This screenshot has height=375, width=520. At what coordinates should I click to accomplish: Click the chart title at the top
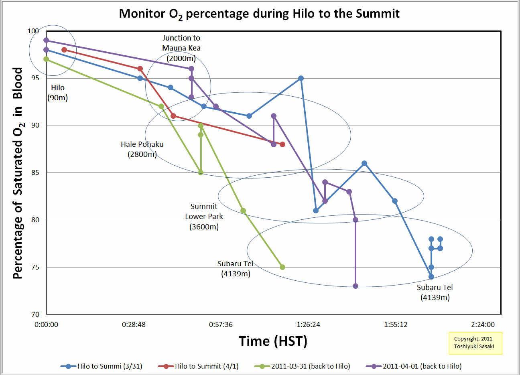click(259, 14)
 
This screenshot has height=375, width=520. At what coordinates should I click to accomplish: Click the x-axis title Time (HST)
click(273, 341)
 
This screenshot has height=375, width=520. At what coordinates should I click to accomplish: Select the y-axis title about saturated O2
click(18, 173)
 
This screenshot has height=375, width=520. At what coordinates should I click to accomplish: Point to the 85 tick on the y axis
click(35, 173)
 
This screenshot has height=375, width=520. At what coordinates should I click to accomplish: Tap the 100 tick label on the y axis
click(33, 31)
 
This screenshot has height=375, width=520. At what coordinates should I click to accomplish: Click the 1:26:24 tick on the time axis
click(308, 324)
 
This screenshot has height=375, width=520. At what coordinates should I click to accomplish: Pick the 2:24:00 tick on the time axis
click(483, 324)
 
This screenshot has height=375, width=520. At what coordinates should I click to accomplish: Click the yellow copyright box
click(475, 343)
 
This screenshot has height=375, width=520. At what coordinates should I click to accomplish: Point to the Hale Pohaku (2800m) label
click(142, 149)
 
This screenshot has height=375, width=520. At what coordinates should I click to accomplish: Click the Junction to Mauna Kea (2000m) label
click(181, 48)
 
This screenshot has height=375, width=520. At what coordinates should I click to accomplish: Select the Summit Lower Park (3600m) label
click(204, 217)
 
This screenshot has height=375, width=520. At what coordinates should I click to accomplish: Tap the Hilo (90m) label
click(57, 93)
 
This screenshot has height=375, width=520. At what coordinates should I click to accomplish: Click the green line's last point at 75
click(282, 267)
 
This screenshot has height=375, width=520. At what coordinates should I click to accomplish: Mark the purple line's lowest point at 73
click(355, 286)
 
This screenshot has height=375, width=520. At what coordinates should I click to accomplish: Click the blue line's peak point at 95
click(301, 78)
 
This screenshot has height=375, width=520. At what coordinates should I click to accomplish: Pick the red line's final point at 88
click(282, 144)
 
